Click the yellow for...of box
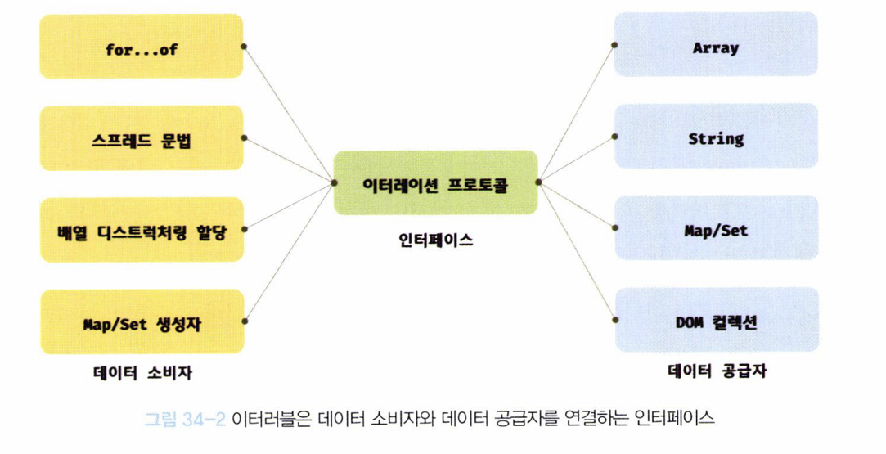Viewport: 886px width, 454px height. (x=142, y=47)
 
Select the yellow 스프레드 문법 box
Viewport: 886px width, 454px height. (x=142, y=138)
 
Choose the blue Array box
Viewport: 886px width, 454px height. (x=716, y=47)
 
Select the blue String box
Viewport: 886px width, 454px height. (x=716, y=138)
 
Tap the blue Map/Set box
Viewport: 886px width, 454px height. (x=716, y=230)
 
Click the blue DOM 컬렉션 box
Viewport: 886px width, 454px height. (x=716, y=321)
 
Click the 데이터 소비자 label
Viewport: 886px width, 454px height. (x=142, y=373)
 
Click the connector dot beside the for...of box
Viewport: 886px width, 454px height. (x=244, y=47)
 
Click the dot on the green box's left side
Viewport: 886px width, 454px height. (x=333, y=182)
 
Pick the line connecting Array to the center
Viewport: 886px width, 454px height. (x=576, y=115)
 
